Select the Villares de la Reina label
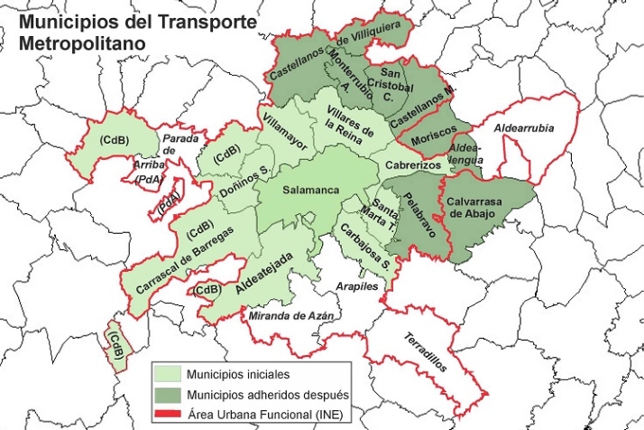coord(348,133)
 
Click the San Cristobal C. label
coord(396,86)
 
